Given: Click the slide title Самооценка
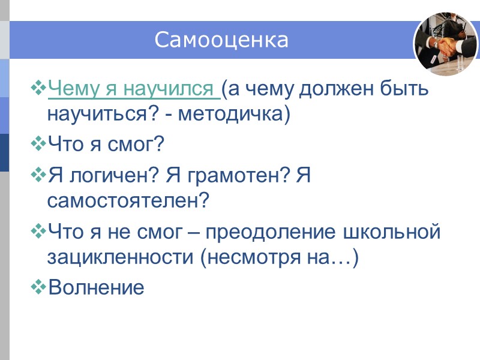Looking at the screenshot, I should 221,40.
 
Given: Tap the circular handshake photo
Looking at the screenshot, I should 445,44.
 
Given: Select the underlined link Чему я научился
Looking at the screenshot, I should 132,90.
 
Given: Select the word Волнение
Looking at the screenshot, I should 96,287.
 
